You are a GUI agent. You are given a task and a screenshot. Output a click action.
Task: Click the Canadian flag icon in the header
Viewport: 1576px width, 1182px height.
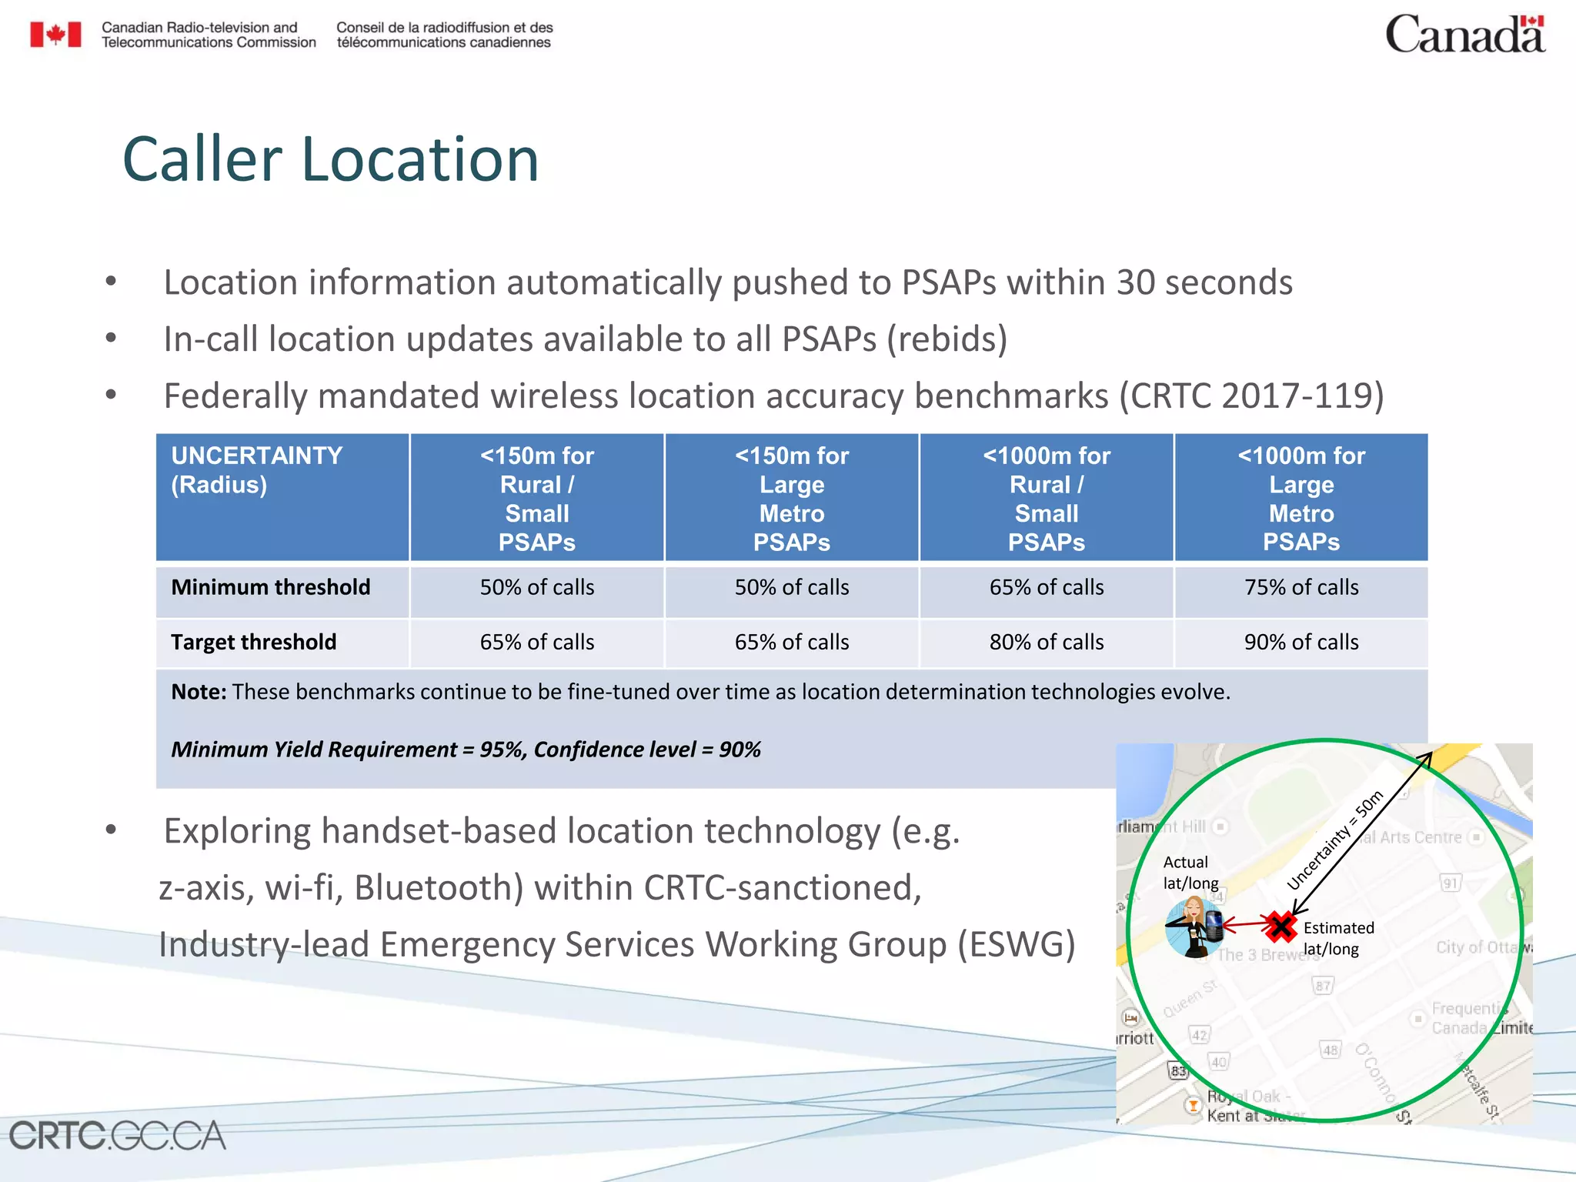[55, 35]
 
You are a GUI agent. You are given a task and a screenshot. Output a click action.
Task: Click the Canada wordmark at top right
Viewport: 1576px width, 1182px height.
[1464, 35]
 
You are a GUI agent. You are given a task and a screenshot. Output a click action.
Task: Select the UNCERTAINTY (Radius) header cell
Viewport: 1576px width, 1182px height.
[282, 496]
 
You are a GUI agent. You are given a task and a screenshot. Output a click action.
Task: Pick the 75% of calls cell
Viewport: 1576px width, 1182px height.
[1301, 588]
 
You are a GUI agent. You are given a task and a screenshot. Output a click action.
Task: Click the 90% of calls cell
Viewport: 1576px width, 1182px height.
[1301, 643]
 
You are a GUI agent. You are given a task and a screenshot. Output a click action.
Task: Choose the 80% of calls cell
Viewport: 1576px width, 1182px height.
[1046, 643]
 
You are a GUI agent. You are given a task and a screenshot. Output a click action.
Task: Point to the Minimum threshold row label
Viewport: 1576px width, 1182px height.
[270, 588]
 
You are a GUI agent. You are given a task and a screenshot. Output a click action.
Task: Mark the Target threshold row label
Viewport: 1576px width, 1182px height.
[253, 643]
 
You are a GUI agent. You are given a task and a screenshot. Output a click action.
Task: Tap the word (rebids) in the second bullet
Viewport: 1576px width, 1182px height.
[947, 339]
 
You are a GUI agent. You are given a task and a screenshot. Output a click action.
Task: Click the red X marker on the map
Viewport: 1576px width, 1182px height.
[1280, 927]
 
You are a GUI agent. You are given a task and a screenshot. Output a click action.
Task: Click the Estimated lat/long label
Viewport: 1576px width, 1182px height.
[1337, 938]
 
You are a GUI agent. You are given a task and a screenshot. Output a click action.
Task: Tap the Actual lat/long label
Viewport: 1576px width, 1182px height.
[1189, 873]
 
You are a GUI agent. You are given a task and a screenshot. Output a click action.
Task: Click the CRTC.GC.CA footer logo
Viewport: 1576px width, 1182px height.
[117, 1136]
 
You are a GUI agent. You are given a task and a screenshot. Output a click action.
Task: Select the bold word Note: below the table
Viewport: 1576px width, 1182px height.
[199, 692]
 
